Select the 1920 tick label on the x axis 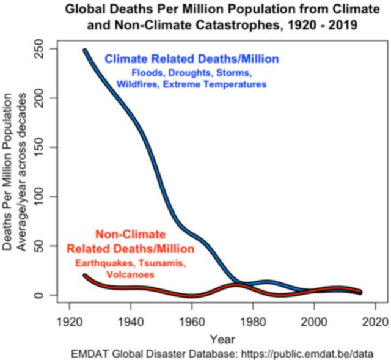(x=69, y=321)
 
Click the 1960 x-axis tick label (x=191, y=321)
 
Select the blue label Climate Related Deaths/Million (x=191, y=59)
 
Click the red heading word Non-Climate (x=130, y=235)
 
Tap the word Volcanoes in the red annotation (x=130, y=275)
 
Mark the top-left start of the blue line (x=85, y=51)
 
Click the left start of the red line (x=85, y=276)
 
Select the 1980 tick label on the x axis (x=252, y=321)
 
